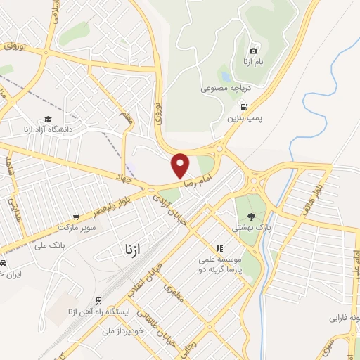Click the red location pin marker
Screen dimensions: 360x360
[x=181, y=165]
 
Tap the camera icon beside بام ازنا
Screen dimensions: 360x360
[x=253, y=51]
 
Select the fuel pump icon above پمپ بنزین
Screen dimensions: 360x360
[x=244, y=107]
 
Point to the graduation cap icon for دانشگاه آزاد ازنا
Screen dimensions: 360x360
[x=48, y=119]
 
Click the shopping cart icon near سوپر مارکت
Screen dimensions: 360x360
[x=75, y=218]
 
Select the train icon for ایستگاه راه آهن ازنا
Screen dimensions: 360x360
[x=98, y=299]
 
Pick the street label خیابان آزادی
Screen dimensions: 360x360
[x=174, y=210]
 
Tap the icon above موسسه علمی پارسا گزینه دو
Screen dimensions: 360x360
[x=219, y=248]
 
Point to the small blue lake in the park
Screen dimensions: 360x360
[x=224, y=74]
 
